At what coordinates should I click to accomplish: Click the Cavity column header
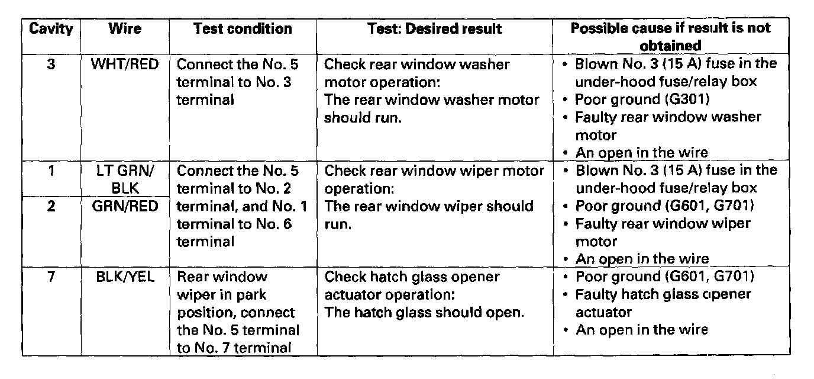coord(51,29)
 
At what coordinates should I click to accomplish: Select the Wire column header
coord(124,29)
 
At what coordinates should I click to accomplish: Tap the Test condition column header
coord(243,29)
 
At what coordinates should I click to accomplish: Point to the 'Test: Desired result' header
coord(434,29)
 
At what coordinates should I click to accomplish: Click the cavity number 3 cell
coord(51,64)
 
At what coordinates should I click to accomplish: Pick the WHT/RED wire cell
coord(124,64)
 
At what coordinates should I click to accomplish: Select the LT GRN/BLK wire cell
coord(124,179)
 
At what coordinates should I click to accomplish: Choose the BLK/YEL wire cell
coord(124,277)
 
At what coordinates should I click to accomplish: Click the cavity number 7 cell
coord(51,277)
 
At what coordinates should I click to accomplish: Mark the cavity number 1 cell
coord(51,171)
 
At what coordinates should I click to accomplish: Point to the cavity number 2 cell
coord(51,207)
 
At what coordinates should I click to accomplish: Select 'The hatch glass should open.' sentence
coord(425,312)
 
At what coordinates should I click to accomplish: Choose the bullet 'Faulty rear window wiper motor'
coord(663,232)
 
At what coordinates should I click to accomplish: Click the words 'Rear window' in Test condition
coord(222,277)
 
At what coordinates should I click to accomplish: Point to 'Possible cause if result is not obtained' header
coord(670,37)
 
